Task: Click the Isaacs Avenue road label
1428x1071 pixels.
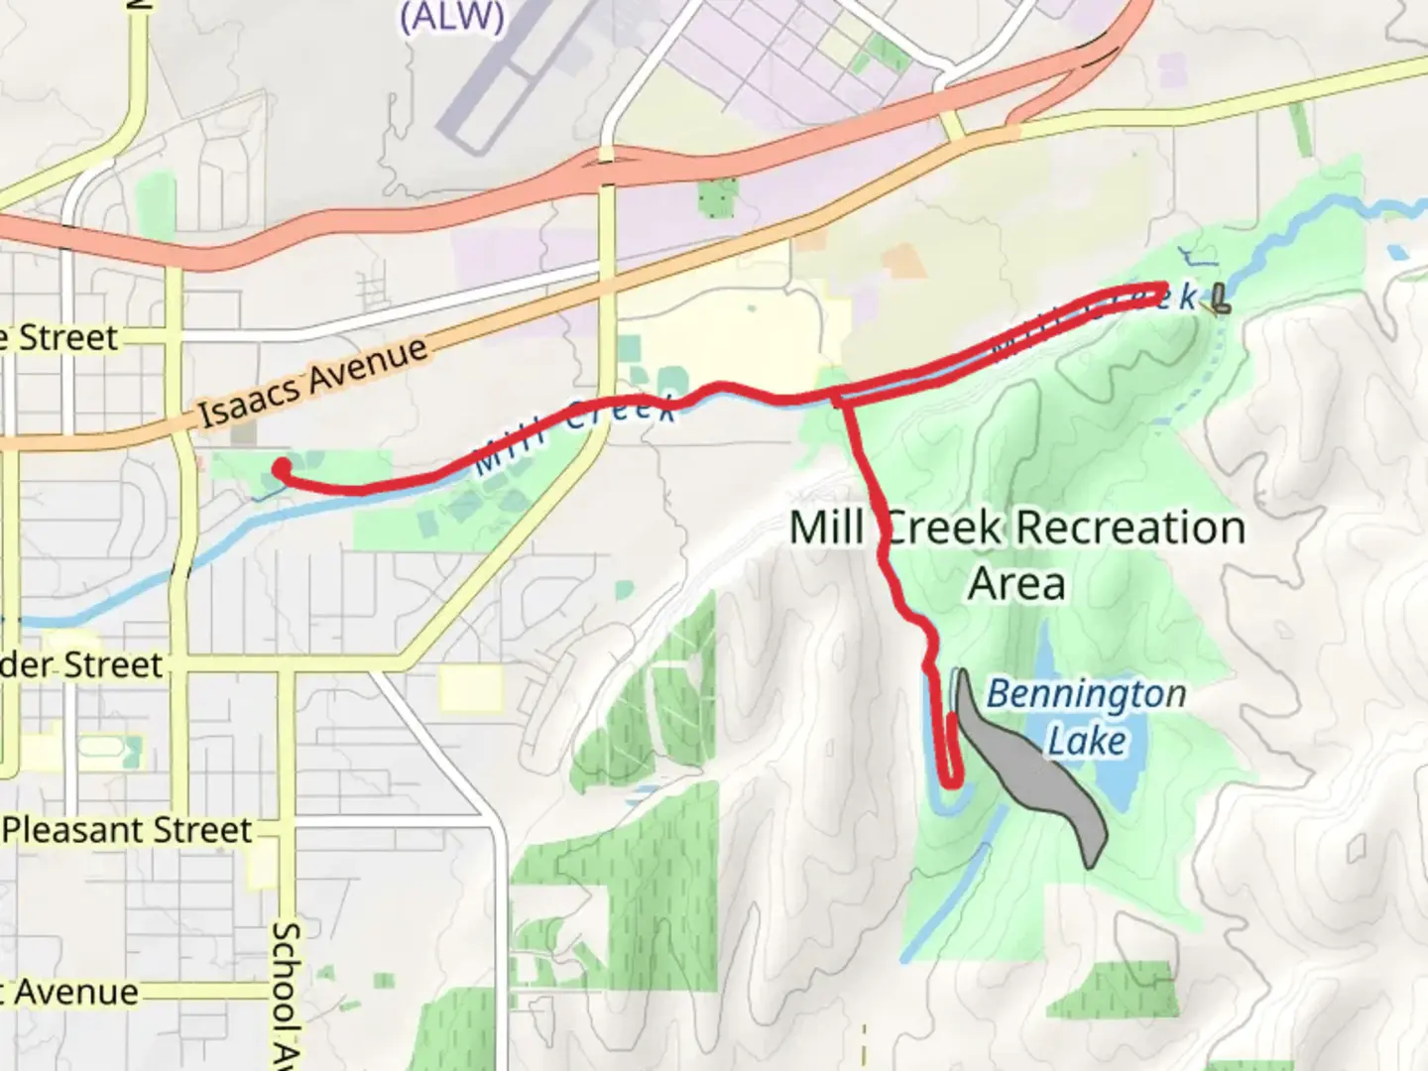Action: click(x=313, y=382)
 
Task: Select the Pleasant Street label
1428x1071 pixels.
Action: click(x=127, y=829)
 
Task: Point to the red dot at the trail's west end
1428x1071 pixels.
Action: click(x=282, y=467)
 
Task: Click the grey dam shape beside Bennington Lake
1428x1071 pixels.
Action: click(x=1031, y=773)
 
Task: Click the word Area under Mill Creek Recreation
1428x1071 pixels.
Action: click(x=1016, y=583)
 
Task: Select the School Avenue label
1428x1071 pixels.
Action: click(x=286, y=992)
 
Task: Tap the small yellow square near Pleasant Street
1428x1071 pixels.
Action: click(x=263, y=868)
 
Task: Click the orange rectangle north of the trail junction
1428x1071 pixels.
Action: click(x=901, y=261)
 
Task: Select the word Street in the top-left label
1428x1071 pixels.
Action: click(x=67, y=337)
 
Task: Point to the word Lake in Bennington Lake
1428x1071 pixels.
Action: click(x=1087, y=742)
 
